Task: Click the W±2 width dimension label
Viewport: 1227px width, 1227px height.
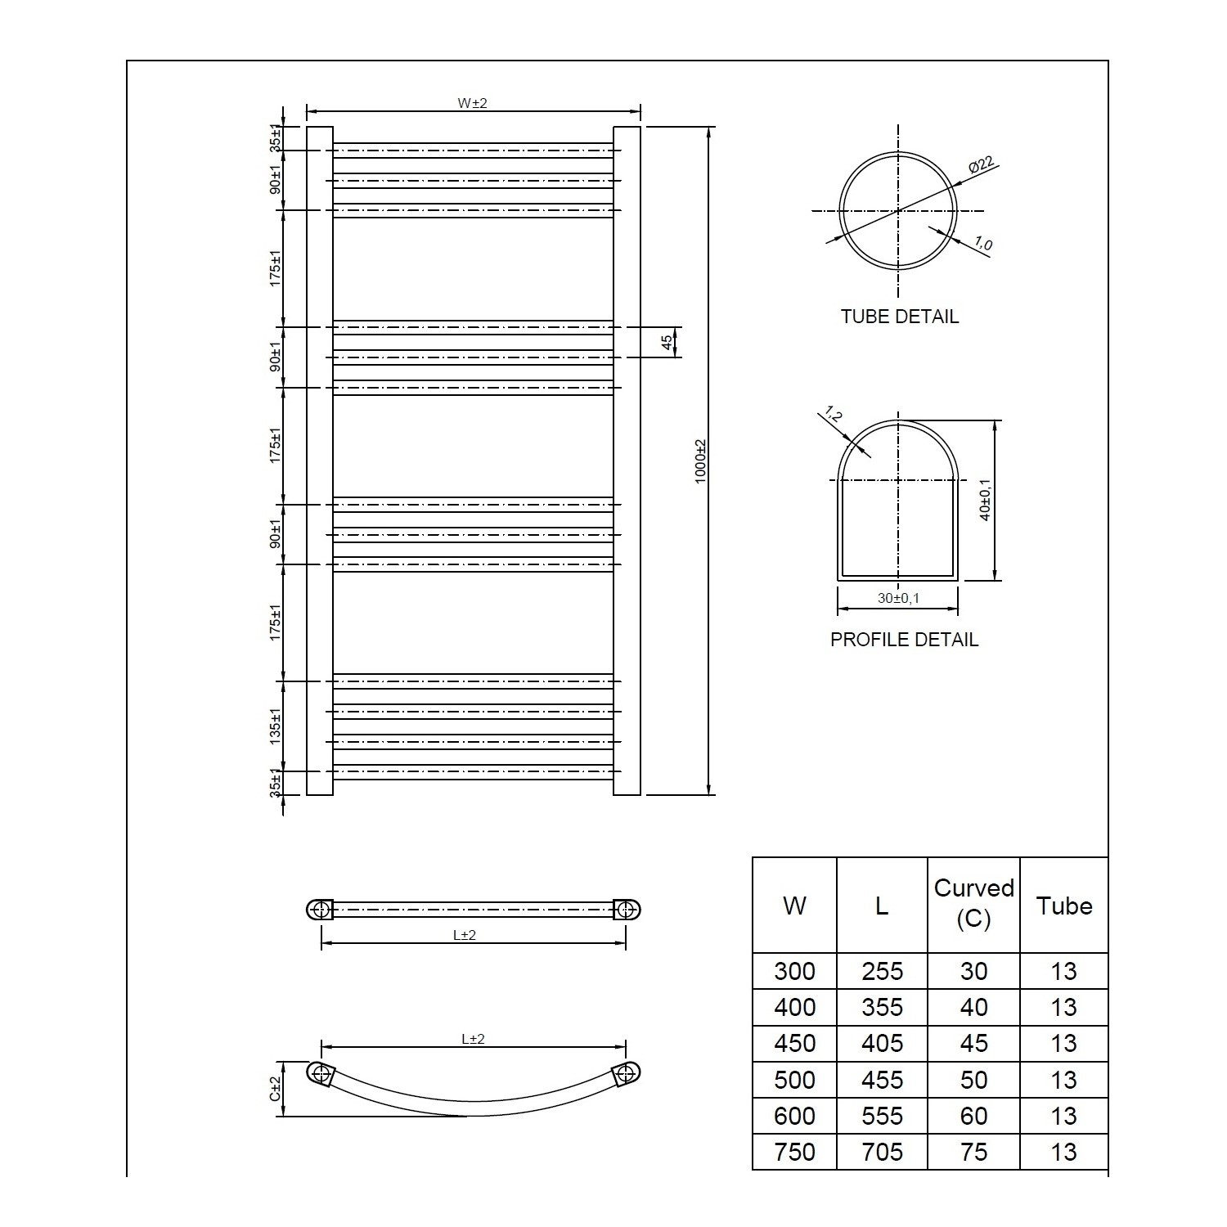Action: click(x=472, y=103)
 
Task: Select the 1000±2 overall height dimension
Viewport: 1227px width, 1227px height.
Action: click(x=700, y=461)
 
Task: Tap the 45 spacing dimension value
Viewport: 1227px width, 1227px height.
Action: click(x=667, y=342)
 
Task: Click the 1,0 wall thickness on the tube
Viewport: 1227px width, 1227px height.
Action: click(x=982, y=244)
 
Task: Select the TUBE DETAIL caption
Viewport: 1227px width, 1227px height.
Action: click(x=899, y=317)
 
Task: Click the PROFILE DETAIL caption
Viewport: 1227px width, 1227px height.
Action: click(x=904, y=640)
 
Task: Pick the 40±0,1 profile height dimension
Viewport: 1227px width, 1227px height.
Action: click(x=986, y=500)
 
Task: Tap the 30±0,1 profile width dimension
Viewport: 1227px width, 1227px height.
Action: click(x=898, y=598)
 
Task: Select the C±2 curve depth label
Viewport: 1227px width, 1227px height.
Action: click(x=276, y=1088)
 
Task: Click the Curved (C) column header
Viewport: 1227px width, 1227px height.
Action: click(x=973, y=904)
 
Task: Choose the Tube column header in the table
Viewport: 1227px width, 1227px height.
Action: click(x=1064, y=906)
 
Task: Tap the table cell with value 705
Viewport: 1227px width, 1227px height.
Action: click(x=882, y=1152)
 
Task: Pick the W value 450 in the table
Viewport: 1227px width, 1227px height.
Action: click(x=794, y=1044)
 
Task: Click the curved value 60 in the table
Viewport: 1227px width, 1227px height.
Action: click(x=973, y=1116)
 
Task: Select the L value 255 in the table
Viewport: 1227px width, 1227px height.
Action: click(x=882, y=971)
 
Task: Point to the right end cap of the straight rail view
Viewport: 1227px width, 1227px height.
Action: click(x=627, y=909)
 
